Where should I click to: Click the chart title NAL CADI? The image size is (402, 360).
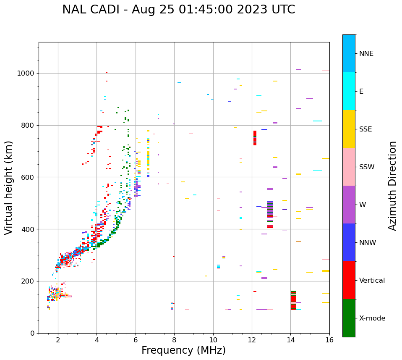[x=178, y=10]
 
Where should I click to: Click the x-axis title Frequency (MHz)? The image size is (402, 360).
[x=183, y=350]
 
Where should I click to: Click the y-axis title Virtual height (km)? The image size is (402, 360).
[x=9, y=187]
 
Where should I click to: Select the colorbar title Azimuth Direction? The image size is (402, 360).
[x=392, y=186]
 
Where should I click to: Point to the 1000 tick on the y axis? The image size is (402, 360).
[x=28, y=73]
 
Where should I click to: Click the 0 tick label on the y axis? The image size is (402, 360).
[x=34, y=333]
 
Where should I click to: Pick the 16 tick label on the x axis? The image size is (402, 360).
[x=329, y=340]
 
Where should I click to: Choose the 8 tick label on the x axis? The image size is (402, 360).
[x=174, y=340]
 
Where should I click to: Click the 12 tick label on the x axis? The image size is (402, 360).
[x=252, y=340]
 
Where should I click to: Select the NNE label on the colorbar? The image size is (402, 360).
[x=366, y=54]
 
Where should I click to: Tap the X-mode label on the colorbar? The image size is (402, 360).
[x=372, y=318]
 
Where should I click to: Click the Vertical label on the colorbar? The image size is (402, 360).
[x=372, y=281]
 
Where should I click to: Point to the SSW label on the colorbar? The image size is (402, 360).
[x=366, y=167]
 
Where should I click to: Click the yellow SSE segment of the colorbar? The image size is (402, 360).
[x=349, y=129]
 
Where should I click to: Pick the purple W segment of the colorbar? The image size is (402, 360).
[x=349, y=205]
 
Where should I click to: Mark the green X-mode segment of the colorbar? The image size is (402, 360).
[x=349, y=318]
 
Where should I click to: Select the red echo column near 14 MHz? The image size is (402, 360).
[x=293, y=300]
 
